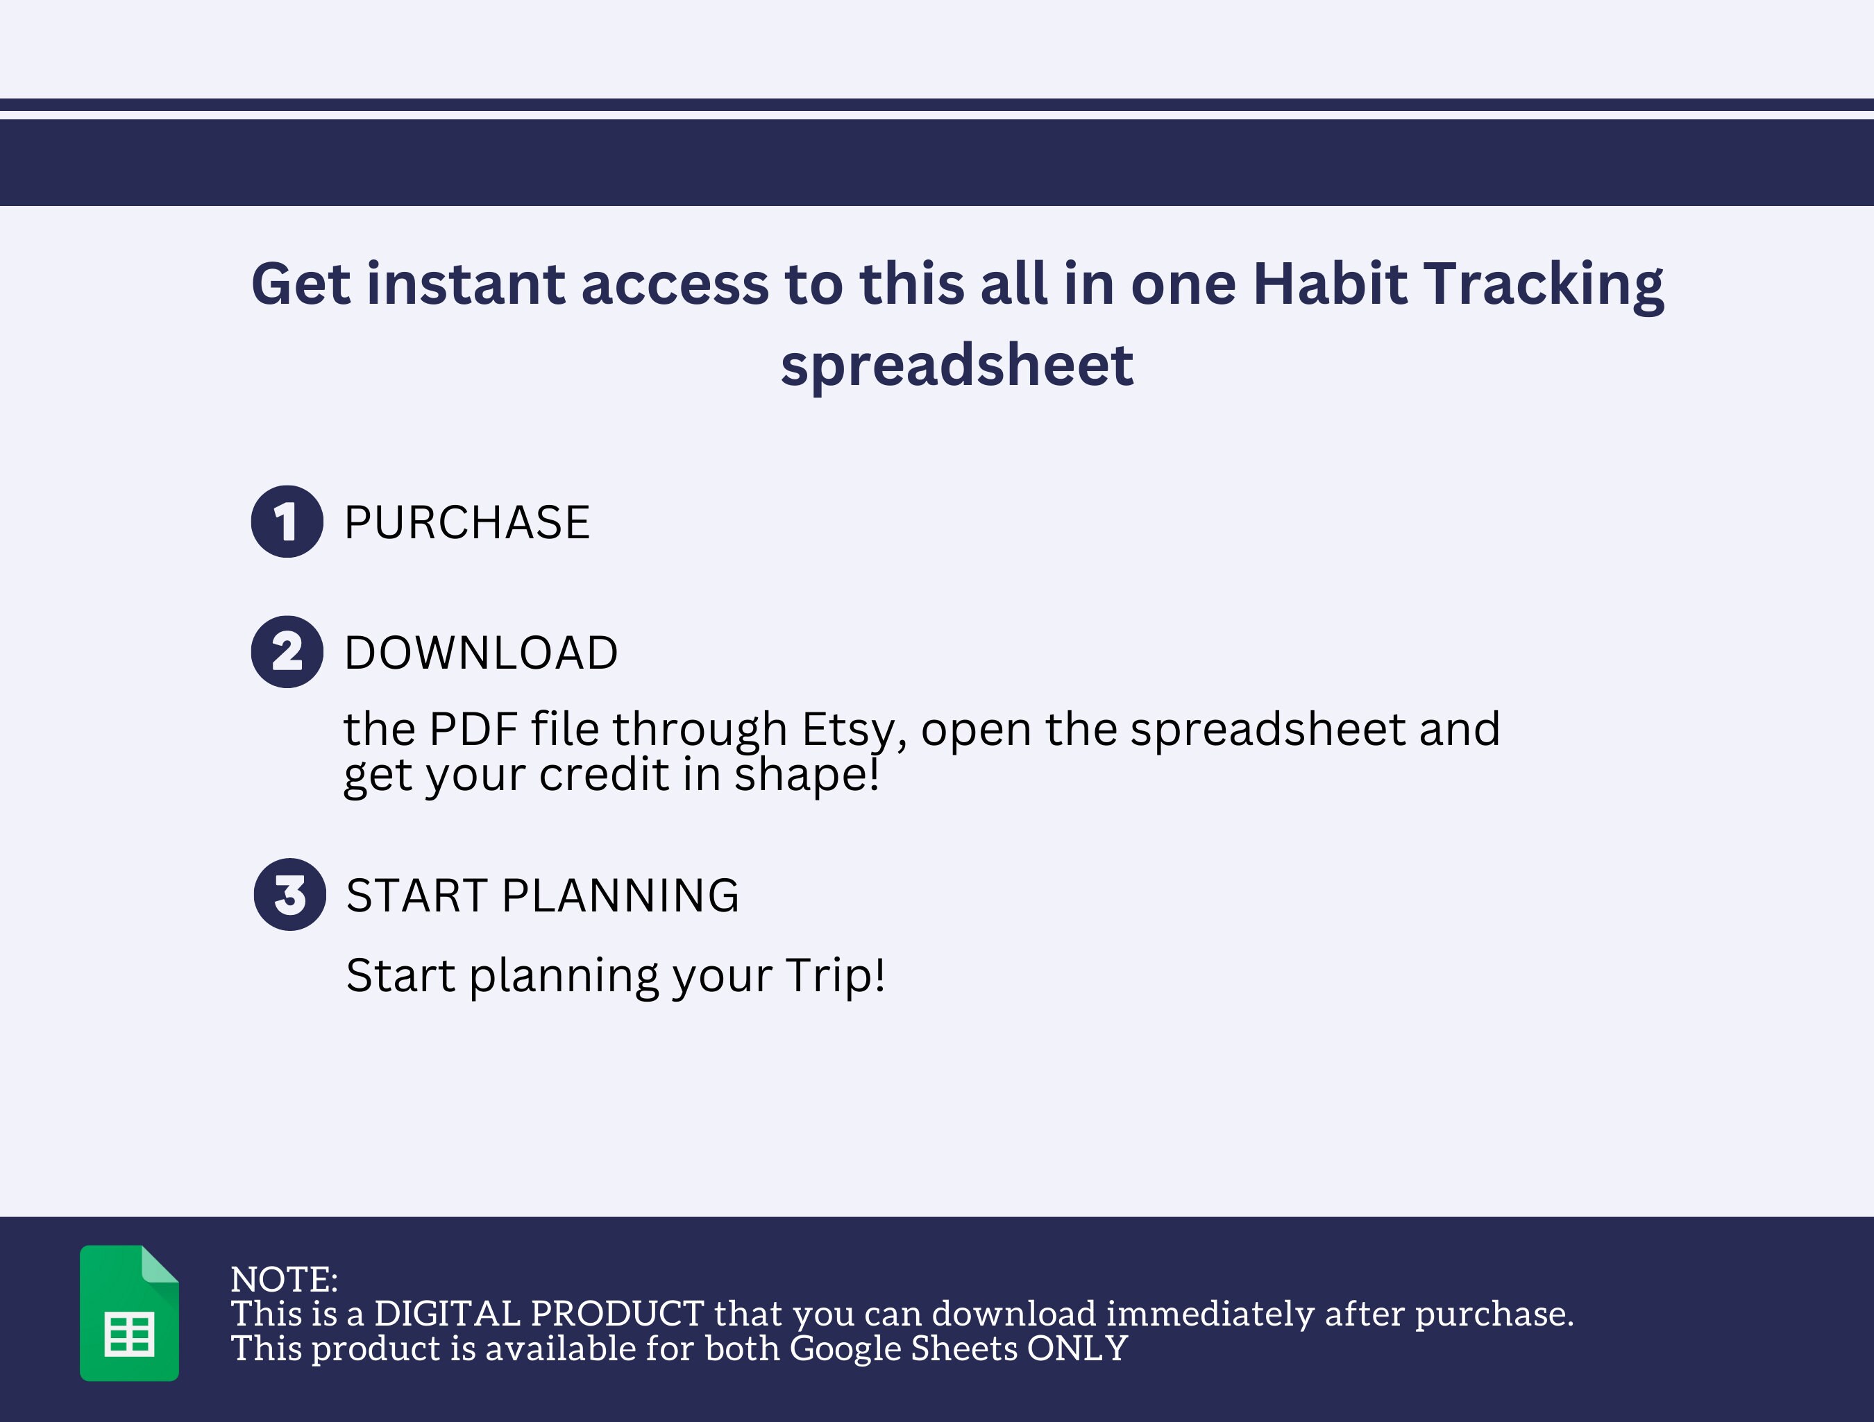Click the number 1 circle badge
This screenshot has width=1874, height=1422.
click(287, 521)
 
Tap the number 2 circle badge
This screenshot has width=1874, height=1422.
click(287, 651)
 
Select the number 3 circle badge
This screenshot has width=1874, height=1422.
click(289, 894)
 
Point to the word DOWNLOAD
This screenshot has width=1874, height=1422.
click(481, 652)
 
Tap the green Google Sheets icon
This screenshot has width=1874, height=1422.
click(130, 1312)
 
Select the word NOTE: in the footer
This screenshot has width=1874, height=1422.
click(284, 1280)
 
